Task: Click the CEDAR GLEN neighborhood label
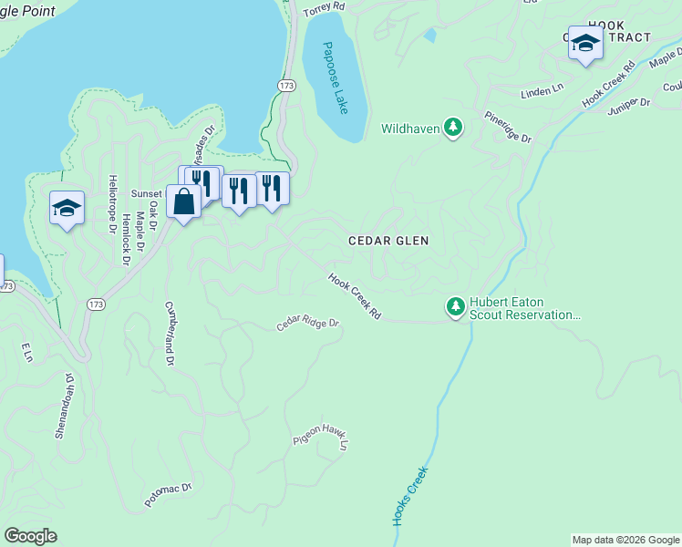point(388,241)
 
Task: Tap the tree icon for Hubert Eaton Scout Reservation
point(455,307)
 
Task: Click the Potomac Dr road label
point(169,495)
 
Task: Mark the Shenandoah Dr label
point(63,405)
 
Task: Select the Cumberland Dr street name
point(169,334)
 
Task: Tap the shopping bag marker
point(183,201)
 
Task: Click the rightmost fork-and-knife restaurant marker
point(272,188)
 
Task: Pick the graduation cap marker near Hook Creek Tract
point(584,43)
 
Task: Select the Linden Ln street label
point(542,93)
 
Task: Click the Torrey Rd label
point(325,6)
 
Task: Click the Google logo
point(30,536)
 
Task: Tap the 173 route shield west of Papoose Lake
point(286,84)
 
